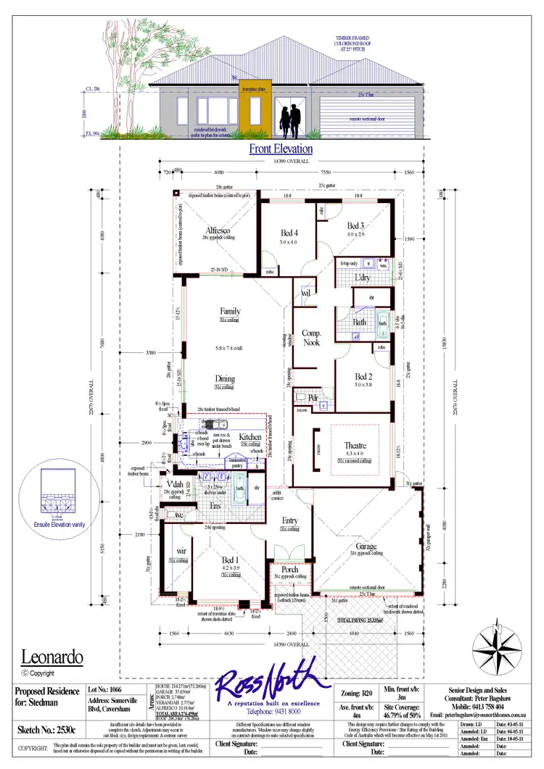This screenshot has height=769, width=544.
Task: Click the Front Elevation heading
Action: tap(281, 149)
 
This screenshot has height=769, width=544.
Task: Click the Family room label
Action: tap(230, 312)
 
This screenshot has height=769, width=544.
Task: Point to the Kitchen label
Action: tap(250, 438)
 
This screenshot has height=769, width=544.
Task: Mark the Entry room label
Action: tap(290, 520)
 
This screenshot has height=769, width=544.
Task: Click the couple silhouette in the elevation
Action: tap(292, 120)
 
